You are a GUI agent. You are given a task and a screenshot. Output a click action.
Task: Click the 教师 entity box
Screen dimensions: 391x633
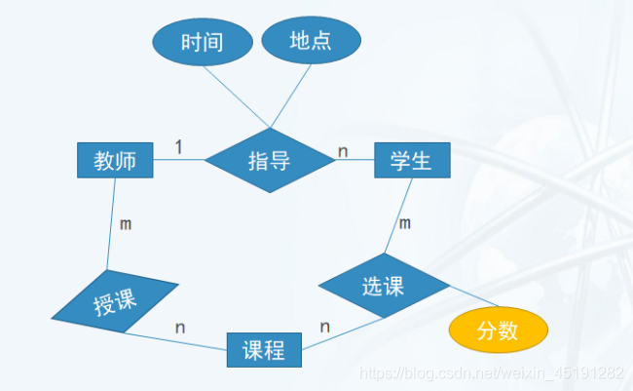coord(115,161)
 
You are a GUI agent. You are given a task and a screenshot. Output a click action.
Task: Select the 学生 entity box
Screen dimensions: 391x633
coord(412,161)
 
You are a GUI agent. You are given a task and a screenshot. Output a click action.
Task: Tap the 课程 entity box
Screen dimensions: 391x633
coord(264,350)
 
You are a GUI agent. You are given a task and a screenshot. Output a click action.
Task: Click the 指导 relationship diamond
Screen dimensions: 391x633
coord(269,161)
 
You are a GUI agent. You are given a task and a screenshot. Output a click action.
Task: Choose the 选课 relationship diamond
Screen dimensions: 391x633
coord(384,287)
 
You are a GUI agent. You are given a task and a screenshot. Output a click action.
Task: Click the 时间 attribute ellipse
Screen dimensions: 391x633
coord(202,42)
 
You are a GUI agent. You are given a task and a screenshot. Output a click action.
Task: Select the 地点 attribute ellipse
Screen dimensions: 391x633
coord(311,40)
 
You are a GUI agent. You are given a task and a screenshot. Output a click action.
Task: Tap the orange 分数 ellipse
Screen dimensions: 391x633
coord(497,332)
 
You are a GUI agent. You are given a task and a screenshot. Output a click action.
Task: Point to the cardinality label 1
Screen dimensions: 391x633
coord(178,147)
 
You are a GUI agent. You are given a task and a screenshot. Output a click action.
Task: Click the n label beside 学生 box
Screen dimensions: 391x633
coord(343,151)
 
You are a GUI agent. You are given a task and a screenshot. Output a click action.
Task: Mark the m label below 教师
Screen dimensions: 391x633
coord(126,225)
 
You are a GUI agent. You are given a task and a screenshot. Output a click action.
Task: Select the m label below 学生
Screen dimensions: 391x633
coord(405,224)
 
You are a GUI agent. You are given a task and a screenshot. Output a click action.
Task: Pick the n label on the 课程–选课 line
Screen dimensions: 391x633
coord(325,327)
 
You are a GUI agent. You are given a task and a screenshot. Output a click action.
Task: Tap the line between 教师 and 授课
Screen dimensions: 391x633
coord(112,224)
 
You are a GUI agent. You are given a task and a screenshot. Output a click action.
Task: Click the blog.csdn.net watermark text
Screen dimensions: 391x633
coord(491,374)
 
